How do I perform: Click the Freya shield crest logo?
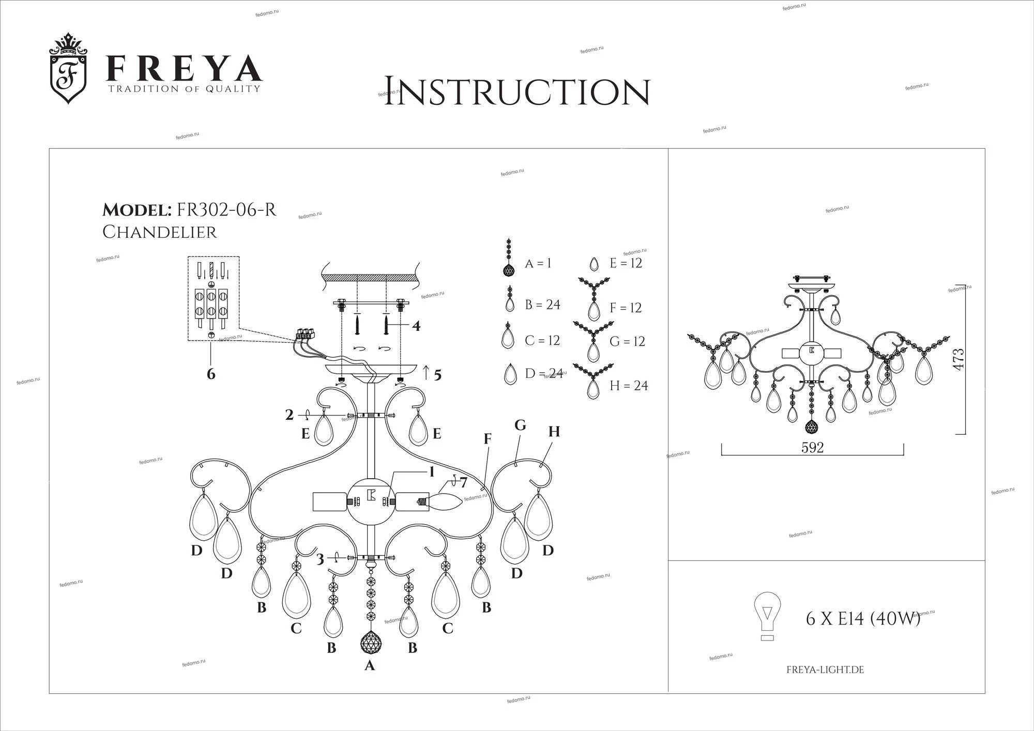(68, 68)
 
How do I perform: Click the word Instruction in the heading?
(516, 92)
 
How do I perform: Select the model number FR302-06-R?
(226, 209)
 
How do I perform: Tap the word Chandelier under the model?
(160, 232)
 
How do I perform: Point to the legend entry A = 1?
(538, 263)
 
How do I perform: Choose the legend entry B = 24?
(542, 304)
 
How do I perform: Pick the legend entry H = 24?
(628, 386)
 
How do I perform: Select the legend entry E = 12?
(626, 263)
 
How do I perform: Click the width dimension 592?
(812, 448)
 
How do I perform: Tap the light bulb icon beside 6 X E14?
(768, 616)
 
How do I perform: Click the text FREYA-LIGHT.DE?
(825, 670)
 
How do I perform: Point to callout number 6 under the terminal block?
(211, 373)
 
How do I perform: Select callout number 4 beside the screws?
(416, 326)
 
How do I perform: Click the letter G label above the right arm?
(520, 425)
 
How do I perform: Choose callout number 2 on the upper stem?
(289, 415)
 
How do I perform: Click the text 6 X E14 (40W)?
(863, 618)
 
